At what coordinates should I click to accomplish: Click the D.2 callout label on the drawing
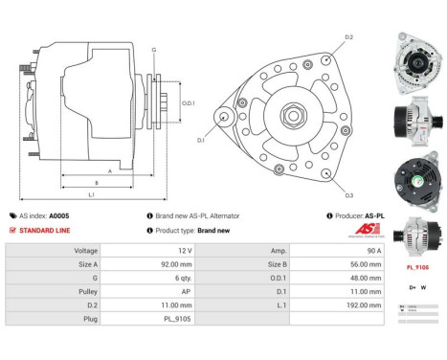coord(348,37)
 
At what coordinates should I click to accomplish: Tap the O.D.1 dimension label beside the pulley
coord(188,103)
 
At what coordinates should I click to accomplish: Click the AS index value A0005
coord(59,215)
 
